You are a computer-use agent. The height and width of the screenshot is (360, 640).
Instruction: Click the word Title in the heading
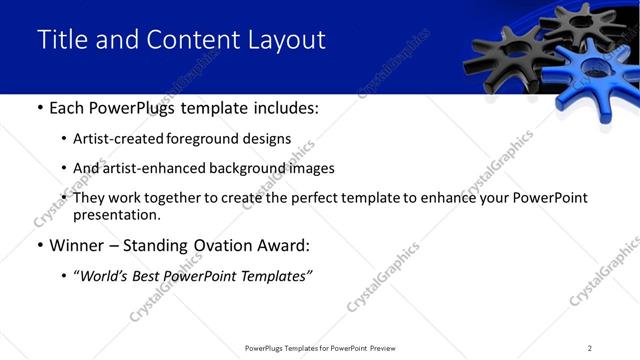(x=61, y=40)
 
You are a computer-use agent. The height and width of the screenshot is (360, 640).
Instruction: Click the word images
(x=310, y=168)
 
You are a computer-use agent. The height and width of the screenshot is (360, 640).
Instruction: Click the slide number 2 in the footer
(x=590, y=348)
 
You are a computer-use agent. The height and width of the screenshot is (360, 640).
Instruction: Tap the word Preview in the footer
(x=388, y=348)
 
